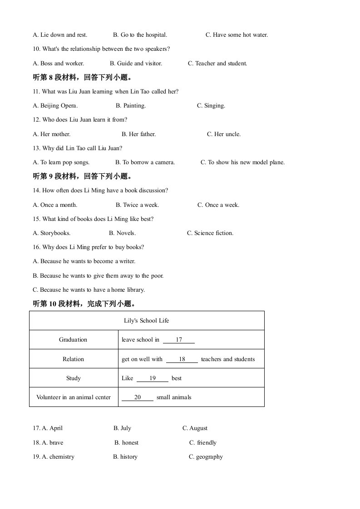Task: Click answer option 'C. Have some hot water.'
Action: coord(237,35)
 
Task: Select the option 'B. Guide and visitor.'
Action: coord(136,64)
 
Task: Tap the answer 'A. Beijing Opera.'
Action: coord(55,106)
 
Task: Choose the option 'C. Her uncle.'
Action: coord(224,134)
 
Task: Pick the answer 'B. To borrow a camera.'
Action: coord(145,162)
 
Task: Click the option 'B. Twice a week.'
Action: coord(137,205)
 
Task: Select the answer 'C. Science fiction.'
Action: coord(210,233)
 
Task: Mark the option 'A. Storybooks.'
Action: coord(52,233)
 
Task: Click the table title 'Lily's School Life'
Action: coord(146,321)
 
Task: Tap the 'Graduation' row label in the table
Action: coord(73,340)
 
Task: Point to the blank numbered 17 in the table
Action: coord(179,340)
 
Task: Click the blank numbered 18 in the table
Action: coord(182,359)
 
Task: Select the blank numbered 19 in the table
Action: coord(153,378)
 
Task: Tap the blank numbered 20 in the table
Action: coord(138,397)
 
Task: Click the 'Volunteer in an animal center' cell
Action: coord(74,397)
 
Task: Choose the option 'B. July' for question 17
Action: coord(122,428)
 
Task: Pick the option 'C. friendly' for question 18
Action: coord(203,443)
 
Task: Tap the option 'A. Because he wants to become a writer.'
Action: coord(84,261)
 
